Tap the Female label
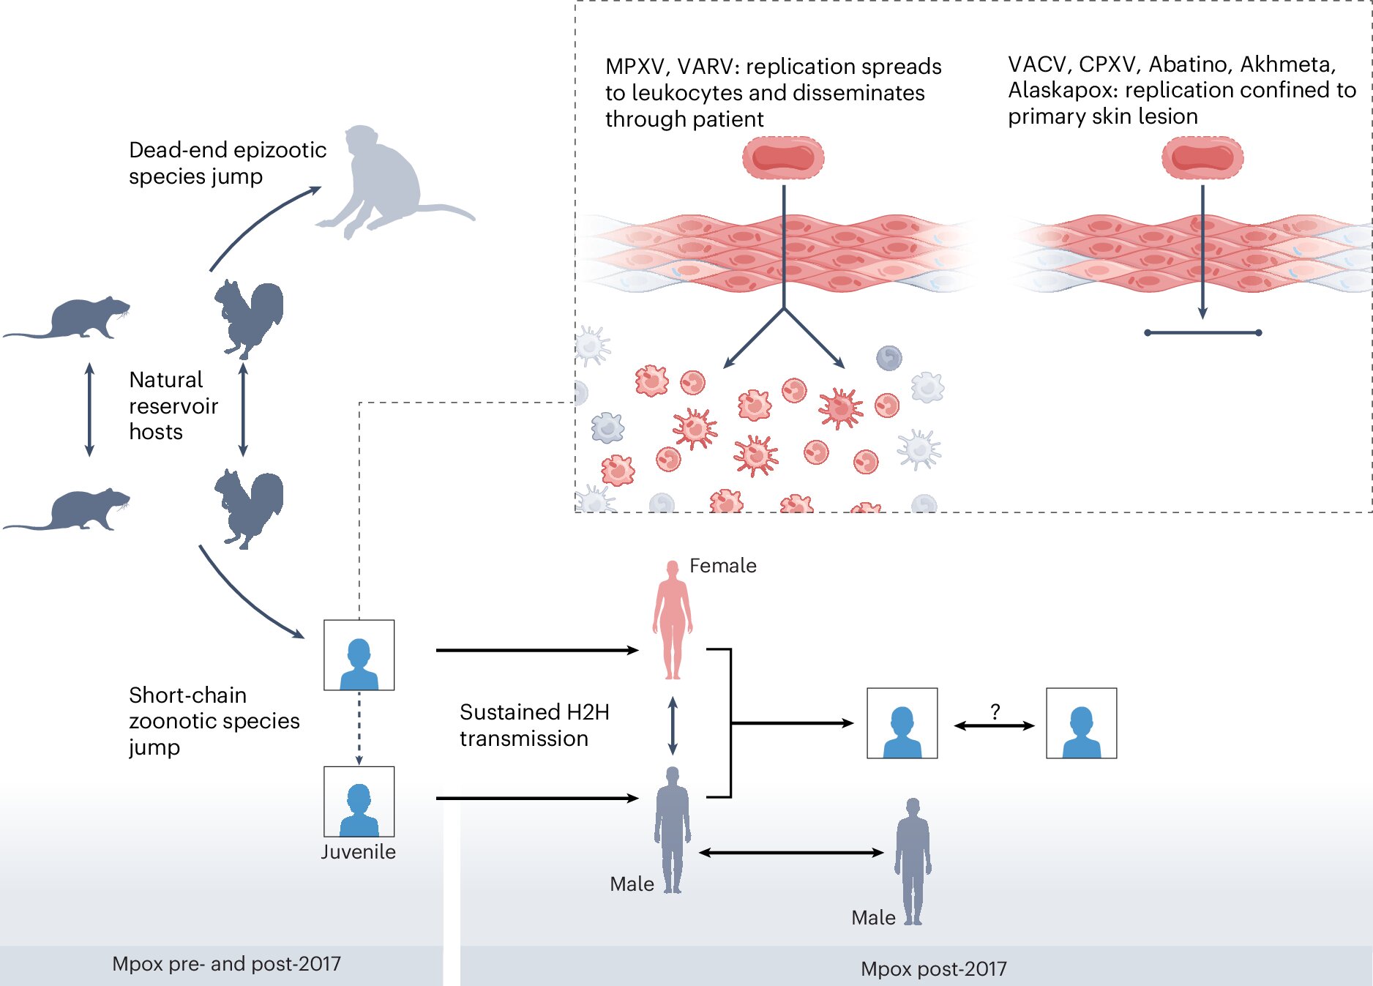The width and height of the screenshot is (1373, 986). tap(722, 566)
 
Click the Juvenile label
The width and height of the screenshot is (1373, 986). tap(358, 852)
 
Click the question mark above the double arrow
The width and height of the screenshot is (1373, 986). tap(995, 712)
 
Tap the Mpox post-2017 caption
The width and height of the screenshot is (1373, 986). tap(933, 969)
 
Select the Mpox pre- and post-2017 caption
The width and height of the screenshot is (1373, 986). tap(226, 964)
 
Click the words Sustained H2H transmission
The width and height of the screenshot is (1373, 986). tap(534, 725)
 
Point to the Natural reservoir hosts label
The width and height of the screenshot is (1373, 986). tap(173, 406)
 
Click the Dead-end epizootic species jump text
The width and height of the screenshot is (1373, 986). tap(227, 163)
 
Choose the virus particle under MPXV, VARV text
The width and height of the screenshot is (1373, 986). tap(783, 157)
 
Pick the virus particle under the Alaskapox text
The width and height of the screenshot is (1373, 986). tap(1202, 157)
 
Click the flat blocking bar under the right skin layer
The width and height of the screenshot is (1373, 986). tap(1202, 333)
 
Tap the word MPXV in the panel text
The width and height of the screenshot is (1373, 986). tap(635, 67)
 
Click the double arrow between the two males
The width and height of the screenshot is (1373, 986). tap(791, 853)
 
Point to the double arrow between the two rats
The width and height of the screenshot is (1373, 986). tap(89, 409)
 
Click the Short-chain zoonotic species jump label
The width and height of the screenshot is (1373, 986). tap(214, 721)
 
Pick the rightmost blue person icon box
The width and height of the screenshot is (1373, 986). tap(1081, 723)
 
